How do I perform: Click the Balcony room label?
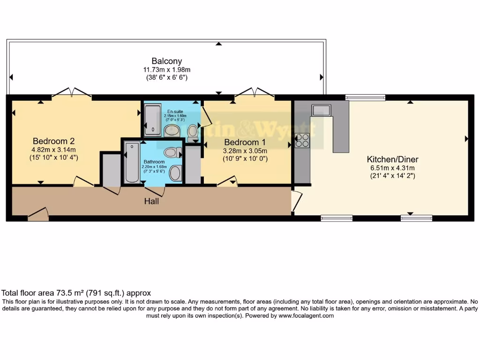point(166,61)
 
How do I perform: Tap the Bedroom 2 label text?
point(54,141)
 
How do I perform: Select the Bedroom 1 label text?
point(245,142)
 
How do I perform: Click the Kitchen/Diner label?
point(392,159)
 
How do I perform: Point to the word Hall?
point(151,202)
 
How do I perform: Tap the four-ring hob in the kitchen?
point(302,140)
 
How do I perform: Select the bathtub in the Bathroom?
point(132,162)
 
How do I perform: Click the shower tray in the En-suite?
point(152,120)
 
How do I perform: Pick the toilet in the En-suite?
point(193,133)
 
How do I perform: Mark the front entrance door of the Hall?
point(38,215)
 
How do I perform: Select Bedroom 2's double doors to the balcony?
point(71,92)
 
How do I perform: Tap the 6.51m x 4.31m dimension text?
point(392,168)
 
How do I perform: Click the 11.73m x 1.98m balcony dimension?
point(166,70)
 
